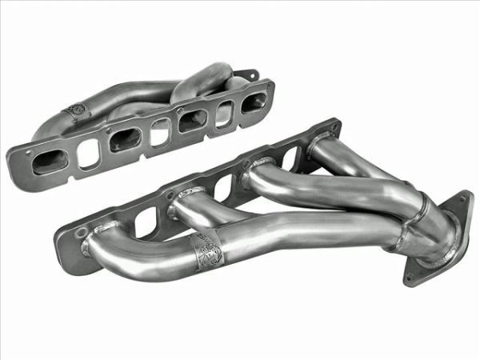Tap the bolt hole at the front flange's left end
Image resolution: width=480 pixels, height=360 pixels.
pyautogui.click(x=82, y=234)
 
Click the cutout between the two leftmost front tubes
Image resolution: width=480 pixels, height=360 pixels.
pyautogui.click(x=144, y=223)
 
